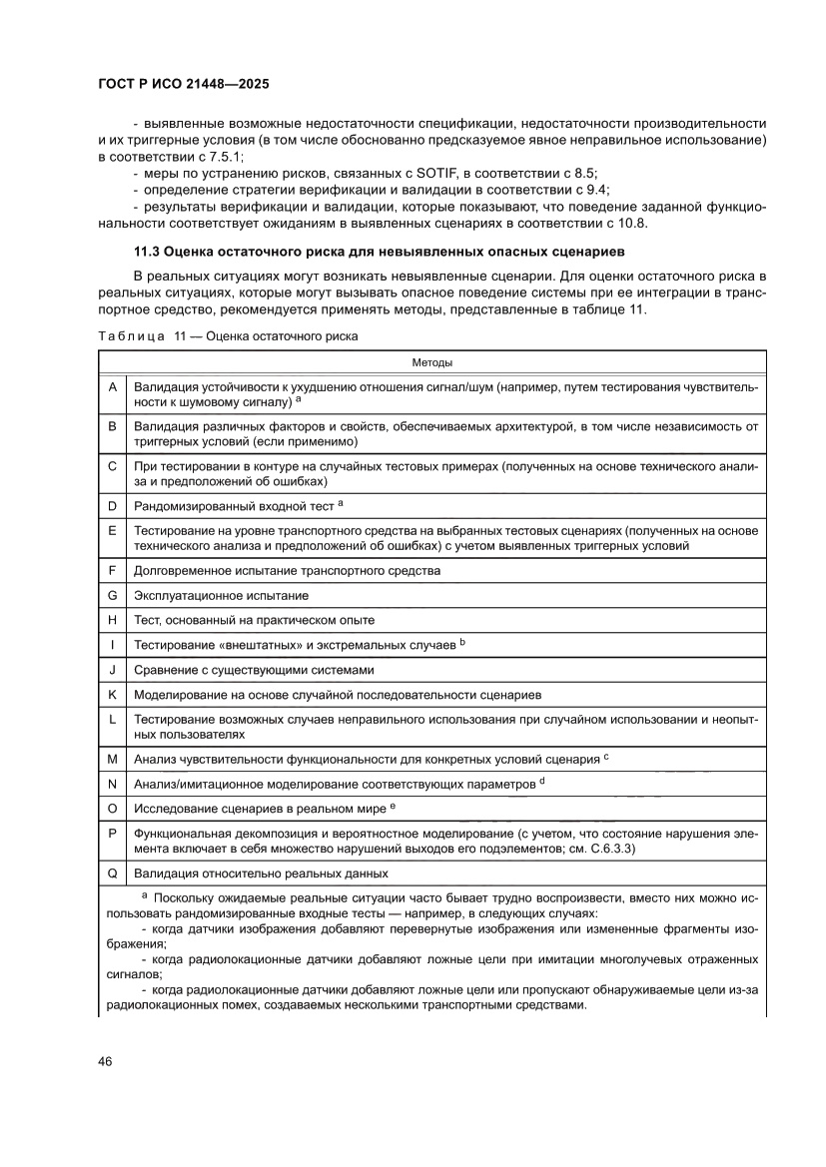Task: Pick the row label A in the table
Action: (112, 386)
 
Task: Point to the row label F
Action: (112, 571)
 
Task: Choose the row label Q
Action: (112, 873)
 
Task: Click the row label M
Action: (112, 759)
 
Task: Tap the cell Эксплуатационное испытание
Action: (221, 596)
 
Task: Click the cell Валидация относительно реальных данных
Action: (261, 874)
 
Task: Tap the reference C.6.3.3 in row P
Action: (607, 848)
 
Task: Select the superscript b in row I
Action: (463, 642)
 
